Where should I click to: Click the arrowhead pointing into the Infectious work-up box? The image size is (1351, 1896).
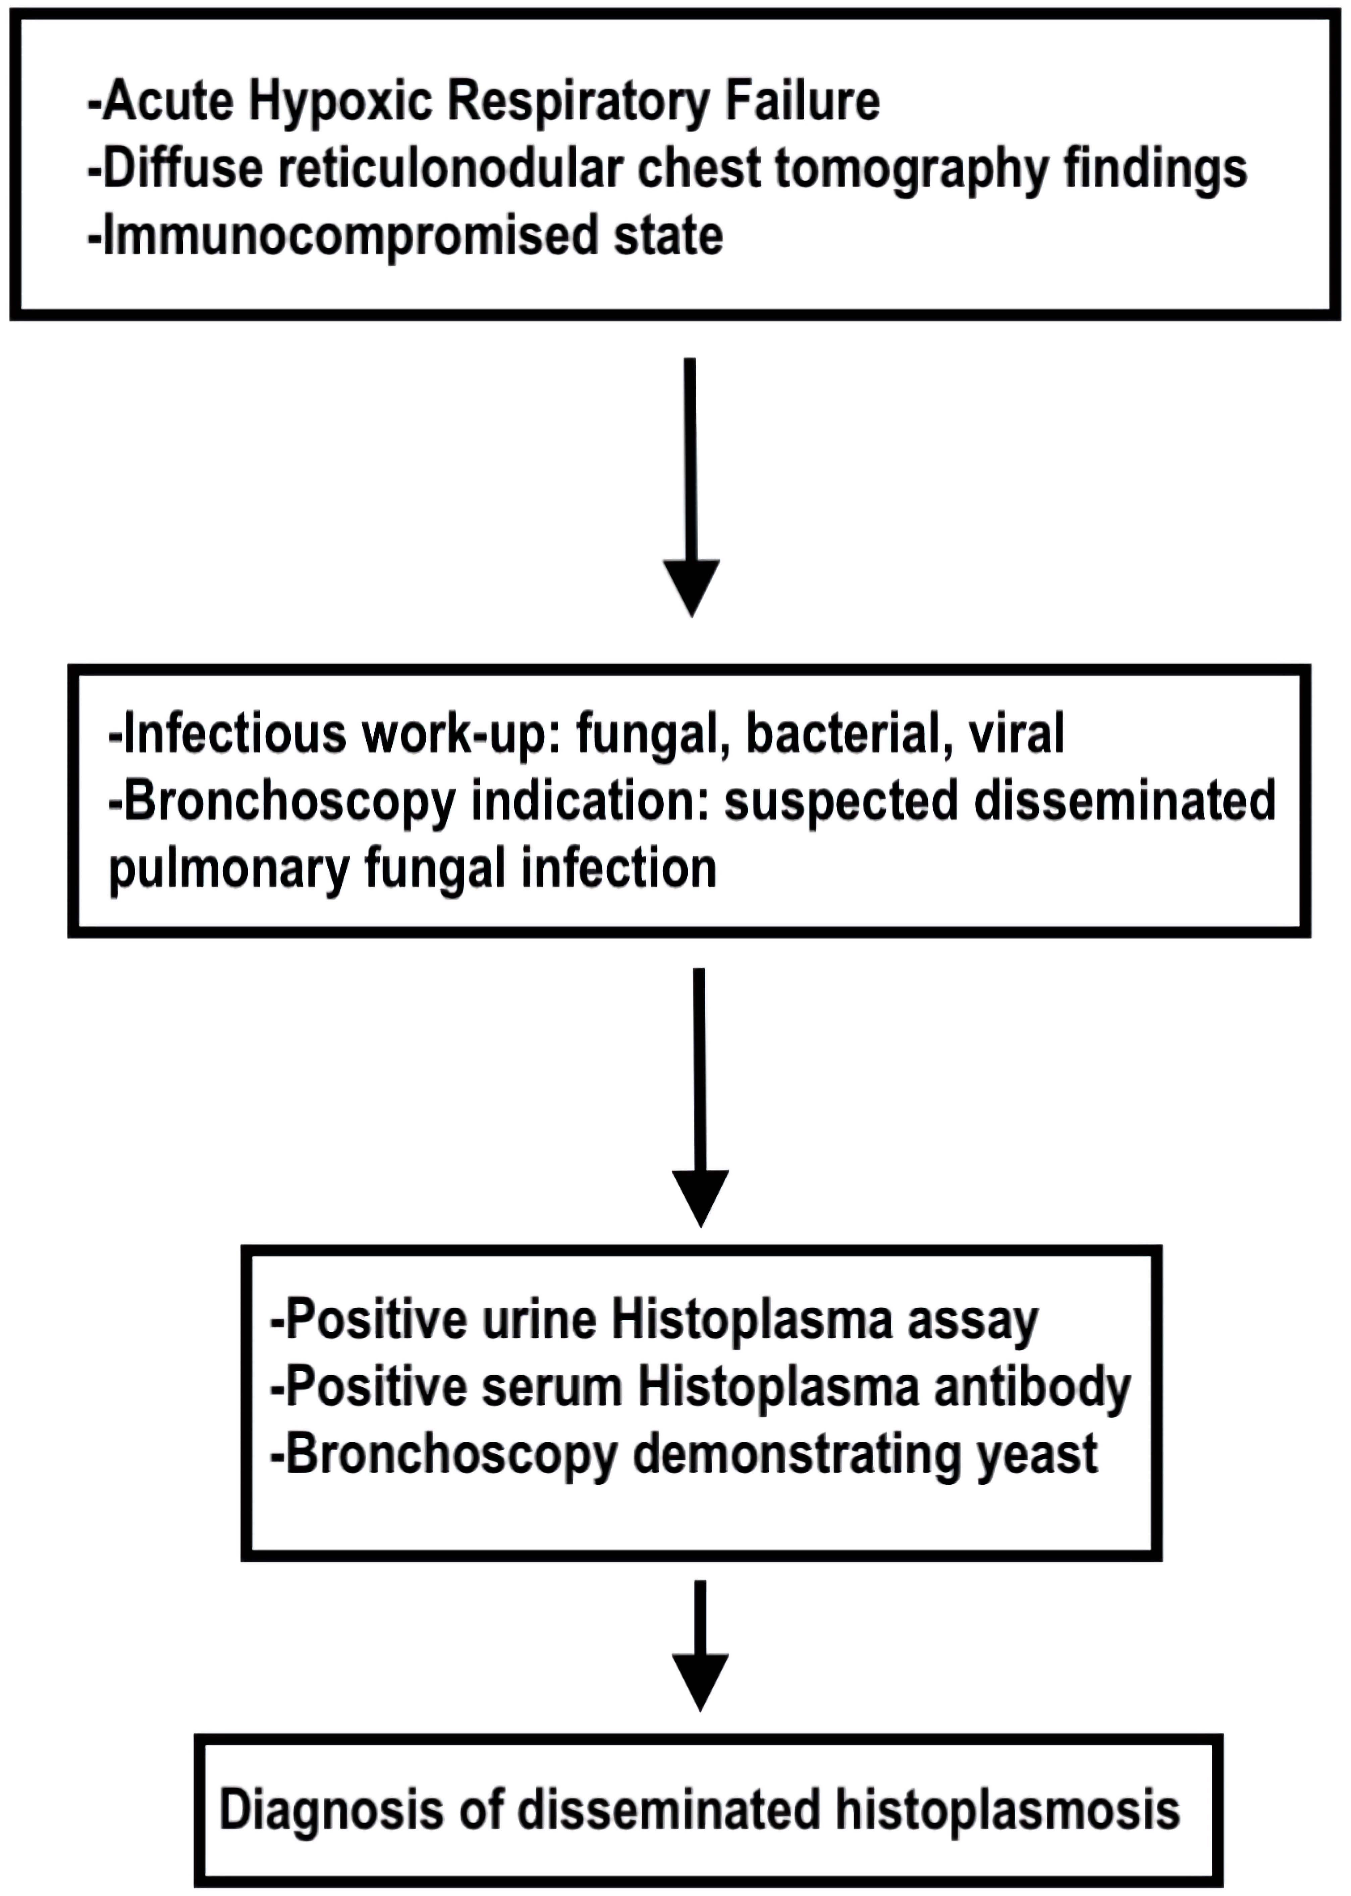click(691, 588)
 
